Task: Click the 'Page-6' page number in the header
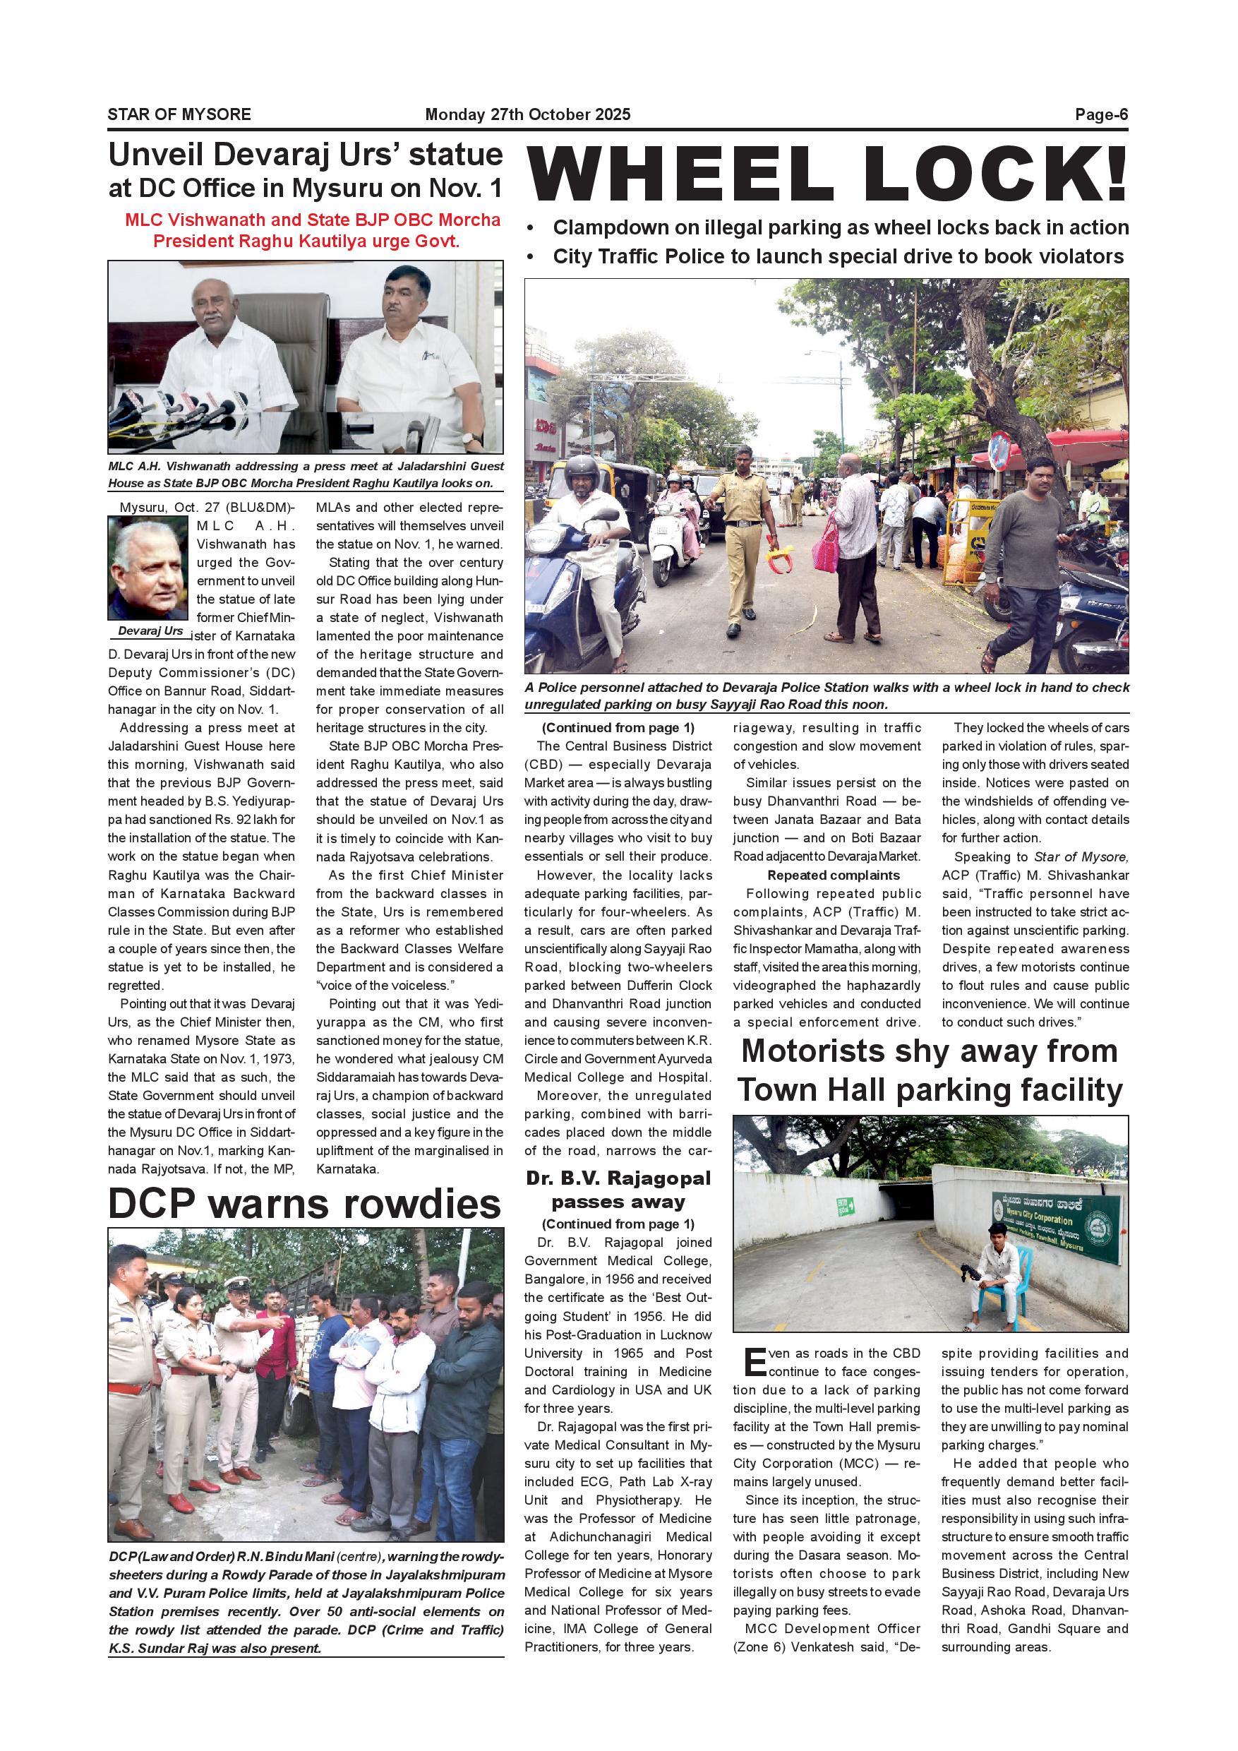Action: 1101,114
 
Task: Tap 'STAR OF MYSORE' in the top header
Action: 179,114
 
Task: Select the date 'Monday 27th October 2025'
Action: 527,114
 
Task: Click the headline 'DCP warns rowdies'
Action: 305,1205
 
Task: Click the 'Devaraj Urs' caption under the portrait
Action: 150,631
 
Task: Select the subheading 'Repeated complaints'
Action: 833,875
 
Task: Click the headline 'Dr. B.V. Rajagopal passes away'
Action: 618,1190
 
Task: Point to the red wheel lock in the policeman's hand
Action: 779,561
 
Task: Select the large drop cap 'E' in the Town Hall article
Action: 754,1363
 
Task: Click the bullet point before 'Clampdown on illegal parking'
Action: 531,229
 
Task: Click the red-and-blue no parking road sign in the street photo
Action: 999,450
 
